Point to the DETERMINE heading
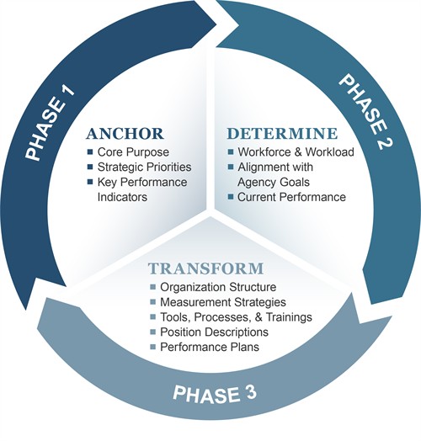coord(283,134)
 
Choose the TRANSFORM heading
coord(206,269)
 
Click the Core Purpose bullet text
coord(133,152)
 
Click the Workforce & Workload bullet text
coord(295,152)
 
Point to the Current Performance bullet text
coord(291,197)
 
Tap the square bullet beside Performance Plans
coord(152,346)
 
